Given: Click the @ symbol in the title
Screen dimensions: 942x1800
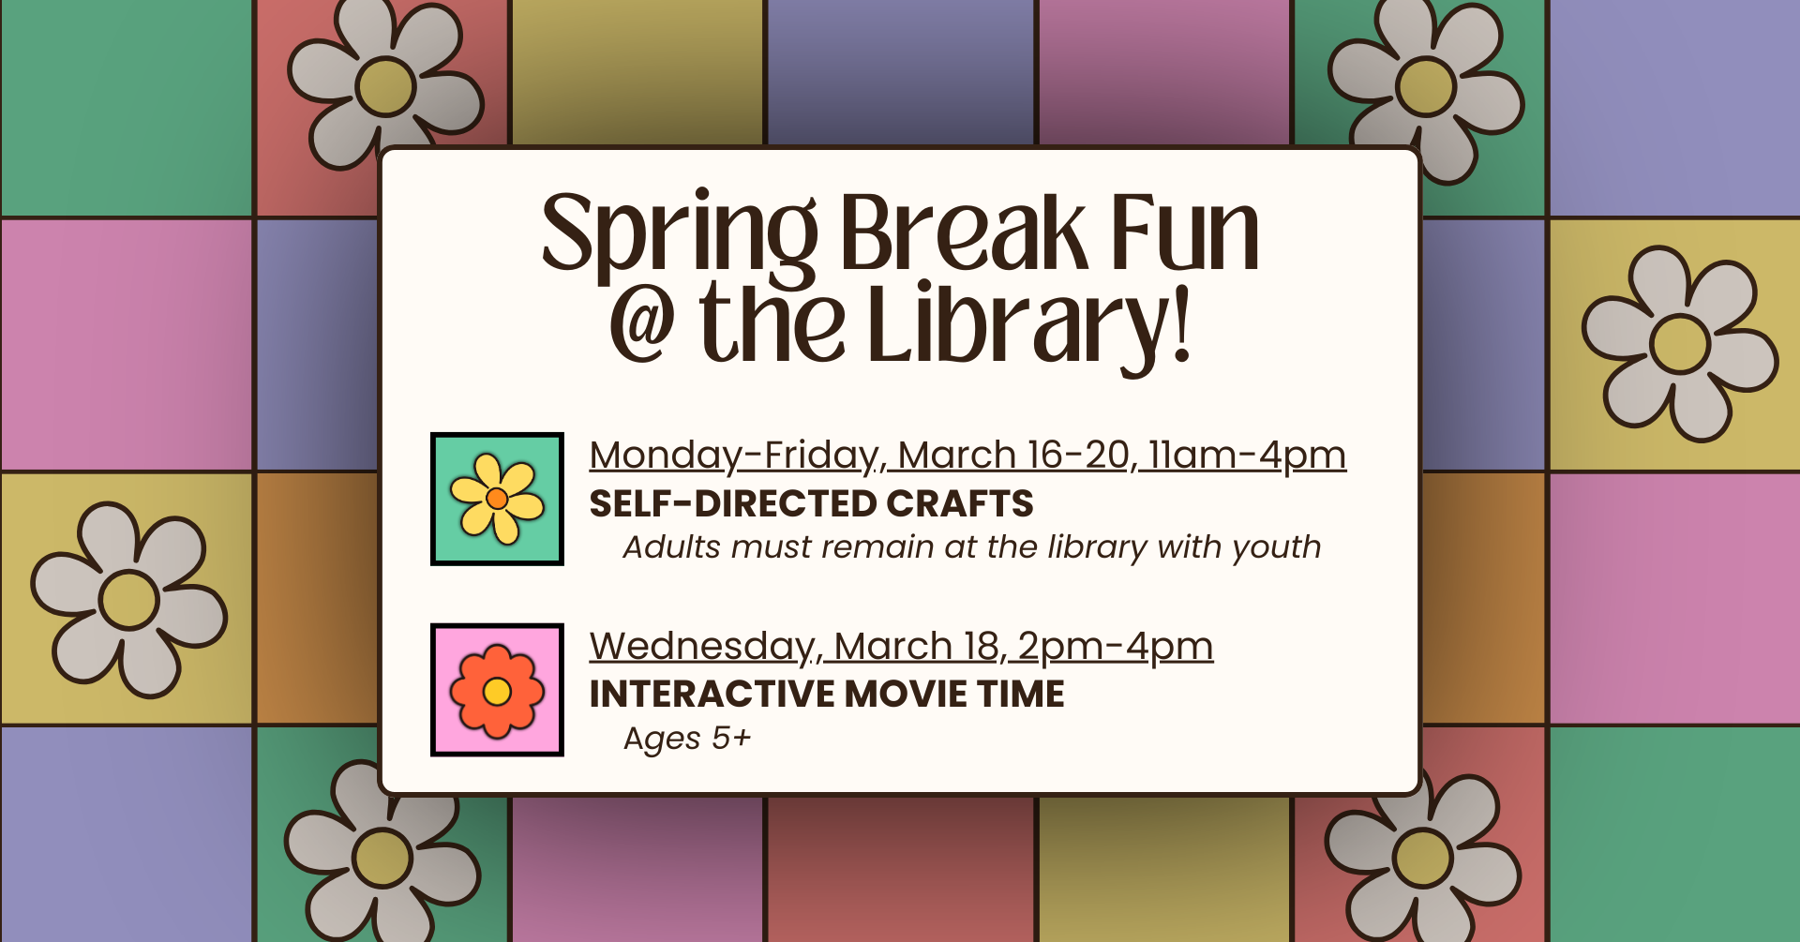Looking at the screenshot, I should pos(642,323).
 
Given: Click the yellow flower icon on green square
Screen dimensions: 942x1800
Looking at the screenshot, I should pos(497,499).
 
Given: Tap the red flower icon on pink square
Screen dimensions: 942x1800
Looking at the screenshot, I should pos(497,690).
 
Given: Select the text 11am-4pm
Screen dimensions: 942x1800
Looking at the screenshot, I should pos(1248,456).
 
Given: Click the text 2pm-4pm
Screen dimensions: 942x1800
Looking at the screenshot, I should pos(1116,647).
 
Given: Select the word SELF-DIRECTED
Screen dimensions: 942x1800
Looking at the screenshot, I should pos(732,504).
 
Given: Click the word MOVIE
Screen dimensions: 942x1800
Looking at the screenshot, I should pos(906,695).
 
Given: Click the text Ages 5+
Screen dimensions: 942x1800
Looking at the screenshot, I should pos(687,739).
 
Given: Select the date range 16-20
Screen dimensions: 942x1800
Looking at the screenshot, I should pos(1079,456).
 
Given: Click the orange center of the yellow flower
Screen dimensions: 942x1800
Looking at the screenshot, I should pos(497,499).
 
